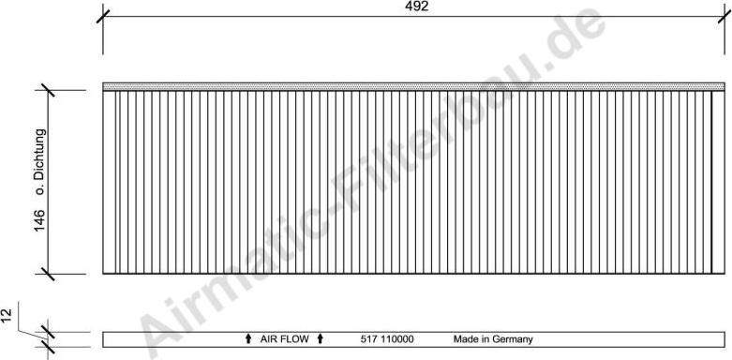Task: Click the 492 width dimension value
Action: (417, 7)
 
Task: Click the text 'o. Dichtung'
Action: (40, 161)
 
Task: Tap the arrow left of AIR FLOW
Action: (248, 338)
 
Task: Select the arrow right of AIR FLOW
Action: (321, 338)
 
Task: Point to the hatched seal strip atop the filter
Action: (412, 86)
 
